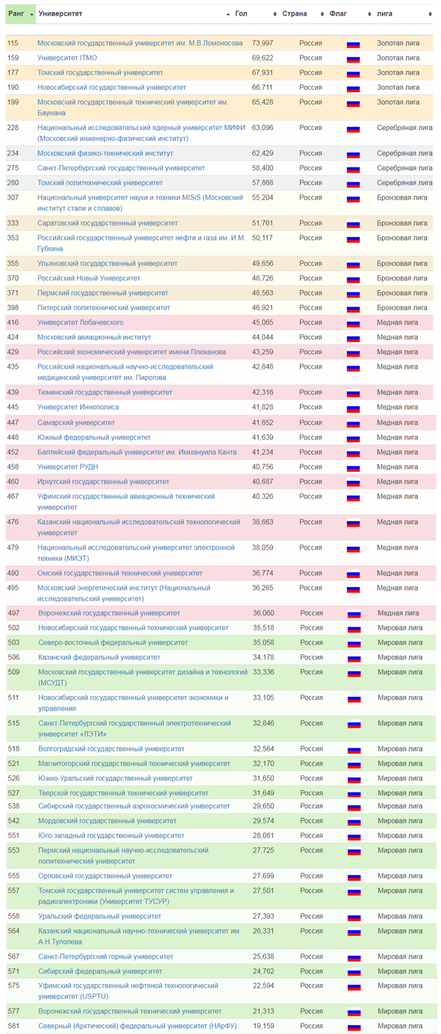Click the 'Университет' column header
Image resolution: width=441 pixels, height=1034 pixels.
point(61,14)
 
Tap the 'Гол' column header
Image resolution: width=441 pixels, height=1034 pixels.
point(241,14)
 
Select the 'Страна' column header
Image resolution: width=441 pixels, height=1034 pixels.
point(294,14)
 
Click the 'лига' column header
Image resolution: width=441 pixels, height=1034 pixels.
point(384,14)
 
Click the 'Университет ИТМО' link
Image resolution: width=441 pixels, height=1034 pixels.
point(67,58)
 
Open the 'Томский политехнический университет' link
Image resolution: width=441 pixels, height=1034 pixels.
point(100,182)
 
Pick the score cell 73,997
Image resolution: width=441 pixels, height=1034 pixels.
point(262,43)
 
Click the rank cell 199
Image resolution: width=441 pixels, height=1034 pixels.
point(13,102)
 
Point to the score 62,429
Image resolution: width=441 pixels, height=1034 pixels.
point(262,153)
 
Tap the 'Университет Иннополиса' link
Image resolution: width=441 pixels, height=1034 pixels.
point(78,407)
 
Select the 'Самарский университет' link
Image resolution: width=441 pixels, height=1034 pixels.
point(76,422)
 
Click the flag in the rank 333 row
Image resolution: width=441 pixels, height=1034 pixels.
point(354,224)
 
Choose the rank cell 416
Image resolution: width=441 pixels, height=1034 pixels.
point(13,322)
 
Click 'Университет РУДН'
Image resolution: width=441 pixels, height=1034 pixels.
point(68,467)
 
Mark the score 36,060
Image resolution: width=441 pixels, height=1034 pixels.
point(263,613)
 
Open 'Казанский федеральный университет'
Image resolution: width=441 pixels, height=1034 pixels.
point(99,657)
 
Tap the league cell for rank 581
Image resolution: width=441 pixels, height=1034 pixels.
point(400,1026)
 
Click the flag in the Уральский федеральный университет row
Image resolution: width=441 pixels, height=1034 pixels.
point(354,917)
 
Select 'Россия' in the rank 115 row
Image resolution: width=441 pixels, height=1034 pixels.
point(310,43)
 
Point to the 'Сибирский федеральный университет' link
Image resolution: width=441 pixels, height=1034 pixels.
point(100,971)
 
